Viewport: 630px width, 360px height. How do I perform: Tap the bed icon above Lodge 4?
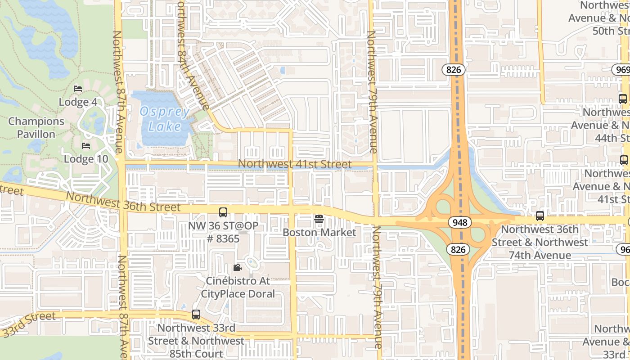coord(78,89)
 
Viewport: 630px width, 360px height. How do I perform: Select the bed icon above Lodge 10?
coord(86,146)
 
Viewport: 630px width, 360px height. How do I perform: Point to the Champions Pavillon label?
coord(36,128)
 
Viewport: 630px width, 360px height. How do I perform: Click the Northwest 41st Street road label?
coord(295,164)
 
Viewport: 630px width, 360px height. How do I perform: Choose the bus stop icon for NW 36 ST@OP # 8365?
coord(223,212)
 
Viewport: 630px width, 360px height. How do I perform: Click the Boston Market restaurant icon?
coord(319,219)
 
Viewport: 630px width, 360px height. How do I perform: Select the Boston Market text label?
coord(319,233)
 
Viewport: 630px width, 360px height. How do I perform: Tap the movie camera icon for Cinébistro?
coord(237,268)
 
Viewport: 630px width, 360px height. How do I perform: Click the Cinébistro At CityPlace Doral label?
coord(238,288)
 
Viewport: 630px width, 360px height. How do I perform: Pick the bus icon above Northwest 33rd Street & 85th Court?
coord(196,315)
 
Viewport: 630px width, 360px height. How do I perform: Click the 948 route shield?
coord(459,222)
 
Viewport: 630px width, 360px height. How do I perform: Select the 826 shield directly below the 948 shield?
coord(458,249)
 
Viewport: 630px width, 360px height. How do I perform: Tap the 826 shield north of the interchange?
coord(453,69)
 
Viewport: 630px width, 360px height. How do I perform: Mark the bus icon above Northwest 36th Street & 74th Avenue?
coord(540,216)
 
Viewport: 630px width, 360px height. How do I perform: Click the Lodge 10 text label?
coord(86,159)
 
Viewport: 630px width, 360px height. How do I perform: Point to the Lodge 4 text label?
coord(78,102)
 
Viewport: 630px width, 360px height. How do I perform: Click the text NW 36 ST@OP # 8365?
coord(223,232)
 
